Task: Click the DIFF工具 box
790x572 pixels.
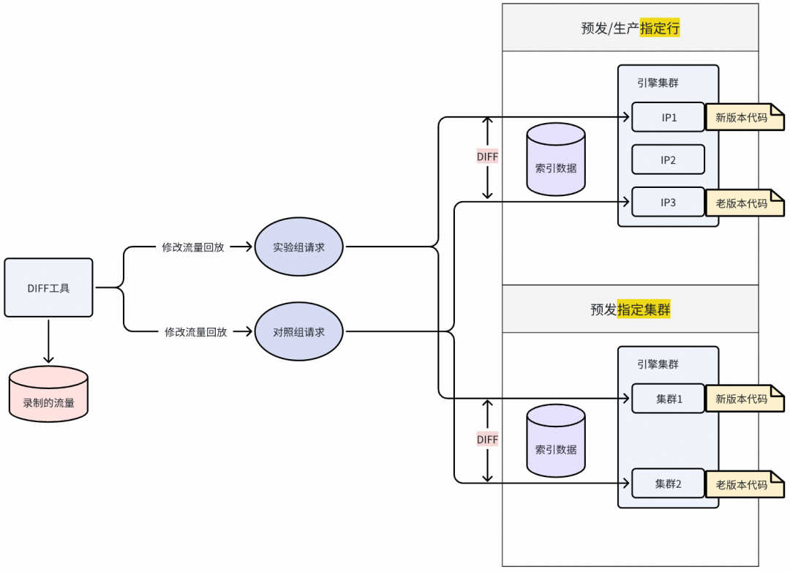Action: (48, 287)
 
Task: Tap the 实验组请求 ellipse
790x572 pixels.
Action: (298, 247)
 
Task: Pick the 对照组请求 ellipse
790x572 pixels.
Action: (298, 332)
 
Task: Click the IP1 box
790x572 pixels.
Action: (668, 117)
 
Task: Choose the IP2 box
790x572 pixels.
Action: (668, 159)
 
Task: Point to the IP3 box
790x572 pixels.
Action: (668, 202)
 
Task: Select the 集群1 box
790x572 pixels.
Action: (668, 399)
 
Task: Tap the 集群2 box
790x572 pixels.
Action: (668, 483)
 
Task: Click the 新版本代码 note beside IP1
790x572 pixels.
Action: (743, 117)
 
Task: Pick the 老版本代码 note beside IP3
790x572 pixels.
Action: (743, 203)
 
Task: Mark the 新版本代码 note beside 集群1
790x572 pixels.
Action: (743, 399)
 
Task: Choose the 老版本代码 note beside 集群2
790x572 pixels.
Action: (743, 484)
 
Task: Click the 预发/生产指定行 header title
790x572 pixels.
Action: (631, 29)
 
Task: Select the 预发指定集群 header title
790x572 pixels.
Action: (631, 309)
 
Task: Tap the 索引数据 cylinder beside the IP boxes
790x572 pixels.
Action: (556, 159)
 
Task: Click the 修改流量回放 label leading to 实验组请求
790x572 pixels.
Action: (193, 247)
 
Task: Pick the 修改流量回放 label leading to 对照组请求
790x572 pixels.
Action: (195, 332)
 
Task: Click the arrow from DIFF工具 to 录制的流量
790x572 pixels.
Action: (48, 341)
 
